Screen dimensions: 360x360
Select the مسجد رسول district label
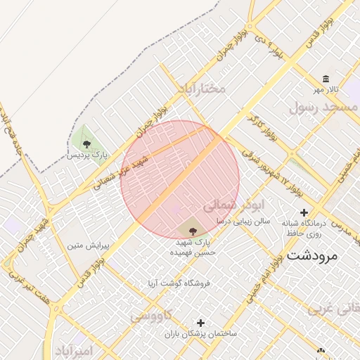(323, 107)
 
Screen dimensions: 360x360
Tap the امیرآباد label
(72, 351)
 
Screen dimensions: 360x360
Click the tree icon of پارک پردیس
(86, 143)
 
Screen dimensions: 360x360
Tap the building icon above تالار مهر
(326, 79)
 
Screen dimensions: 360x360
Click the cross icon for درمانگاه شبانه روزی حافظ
(304, 212)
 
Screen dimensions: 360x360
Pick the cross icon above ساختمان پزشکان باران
(202, 322)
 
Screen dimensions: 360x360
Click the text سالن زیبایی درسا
(239, 221)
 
